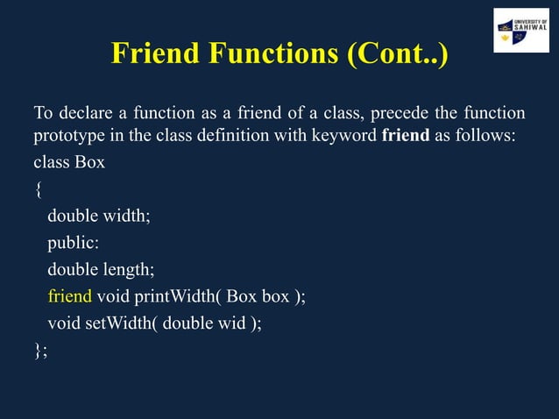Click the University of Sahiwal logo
pyautogui.click(x=520, y=31)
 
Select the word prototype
pyautogui.click(x=70, y=137)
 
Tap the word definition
pyautogui.click(x=259, y=137)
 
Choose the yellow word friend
pyautogui.click(x=69, y=296)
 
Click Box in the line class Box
pyautogui.click(x=89, y=163)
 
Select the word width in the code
pyautogui.click(x=126, y=217)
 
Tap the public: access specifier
pyautogui.click(x=73, y=243)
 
